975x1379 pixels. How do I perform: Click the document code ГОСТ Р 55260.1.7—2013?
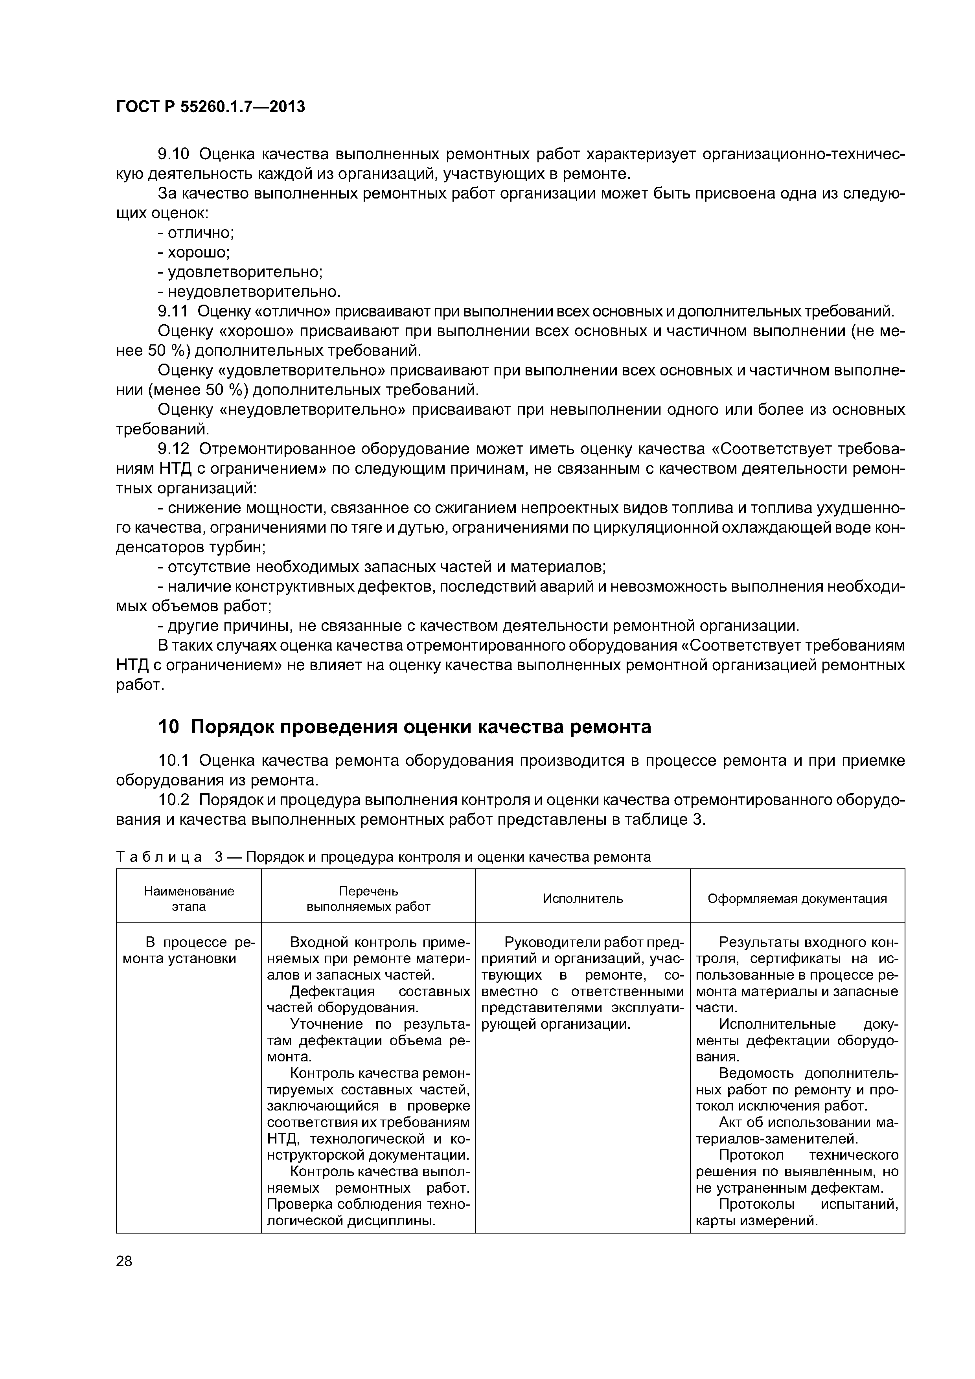point(210,107)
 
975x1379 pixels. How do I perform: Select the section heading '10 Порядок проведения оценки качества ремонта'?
point(404,727)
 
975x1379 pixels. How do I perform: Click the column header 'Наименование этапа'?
point(189,899)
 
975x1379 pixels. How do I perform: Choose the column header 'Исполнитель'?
point(583,899)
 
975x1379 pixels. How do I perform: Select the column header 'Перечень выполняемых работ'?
point(368,899)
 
